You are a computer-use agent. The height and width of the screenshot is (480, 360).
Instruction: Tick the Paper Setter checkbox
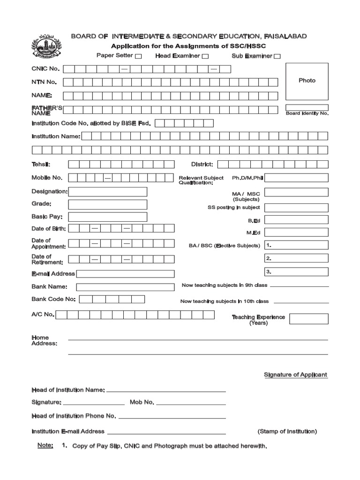(138, 57)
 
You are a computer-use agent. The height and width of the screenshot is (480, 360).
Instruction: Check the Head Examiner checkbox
(205, 57)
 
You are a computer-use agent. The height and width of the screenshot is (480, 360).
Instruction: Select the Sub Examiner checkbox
(277, 57)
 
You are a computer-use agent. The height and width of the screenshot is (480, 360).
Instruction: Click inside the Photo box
(307, 81)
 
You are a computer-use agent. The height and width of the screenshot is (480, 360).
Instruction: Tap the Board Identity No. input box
(307, 107)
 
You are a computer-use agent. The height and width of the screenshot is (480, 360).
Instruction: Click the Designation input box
(107, 192)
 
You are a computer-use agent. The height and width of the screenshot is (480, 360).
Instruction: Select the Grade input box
(107, 204)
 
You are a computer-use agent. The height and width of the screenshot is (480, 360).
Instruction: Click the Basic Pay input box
(107, 217)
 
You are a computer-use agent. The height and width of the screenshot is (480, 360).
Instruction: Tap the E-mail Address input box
(125, 274)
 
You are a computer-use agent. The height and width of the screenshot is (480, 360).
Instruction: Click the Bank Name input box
(125, 287)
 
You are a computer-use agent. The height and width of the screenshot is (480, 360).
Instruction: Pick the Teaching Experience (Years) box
(308, 319)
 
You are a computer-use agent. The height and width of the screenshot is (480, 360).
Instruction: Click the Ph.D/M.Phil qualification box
(296, 178)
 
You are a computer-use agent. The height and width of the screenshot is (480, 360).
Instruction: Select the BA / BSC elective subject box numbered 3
(296, 272)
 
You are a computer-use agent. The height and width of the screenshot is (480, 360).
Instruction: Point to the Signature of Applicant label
(295, 375)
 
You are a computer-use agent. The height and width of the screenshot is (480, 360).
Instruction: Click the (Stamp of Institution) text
(287, 431)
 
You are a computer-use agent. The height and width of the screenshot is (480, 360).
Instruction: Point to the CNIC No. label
(45, 69)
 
